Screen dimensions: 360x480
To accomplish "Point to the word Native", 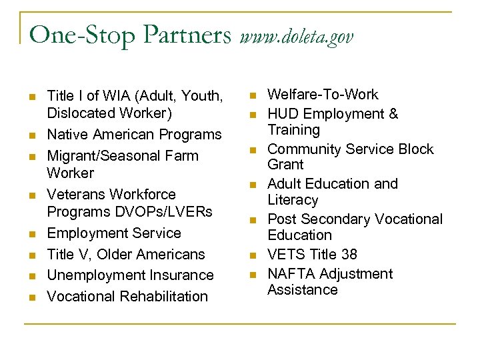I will (x=67, y=135).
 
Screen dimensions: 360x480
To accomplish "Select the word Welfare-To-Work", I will (x=323, y=95).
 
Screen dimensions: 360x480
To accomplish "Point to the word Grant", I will (x=286, y=165).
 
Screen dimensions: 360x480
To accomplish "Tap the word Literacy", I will (x=293, y=200).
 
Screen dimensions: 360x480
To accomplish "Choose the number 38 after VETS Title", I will (x=347, y=255).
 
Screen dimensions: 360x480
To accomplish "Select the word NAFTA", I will (x=291, y=274).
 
